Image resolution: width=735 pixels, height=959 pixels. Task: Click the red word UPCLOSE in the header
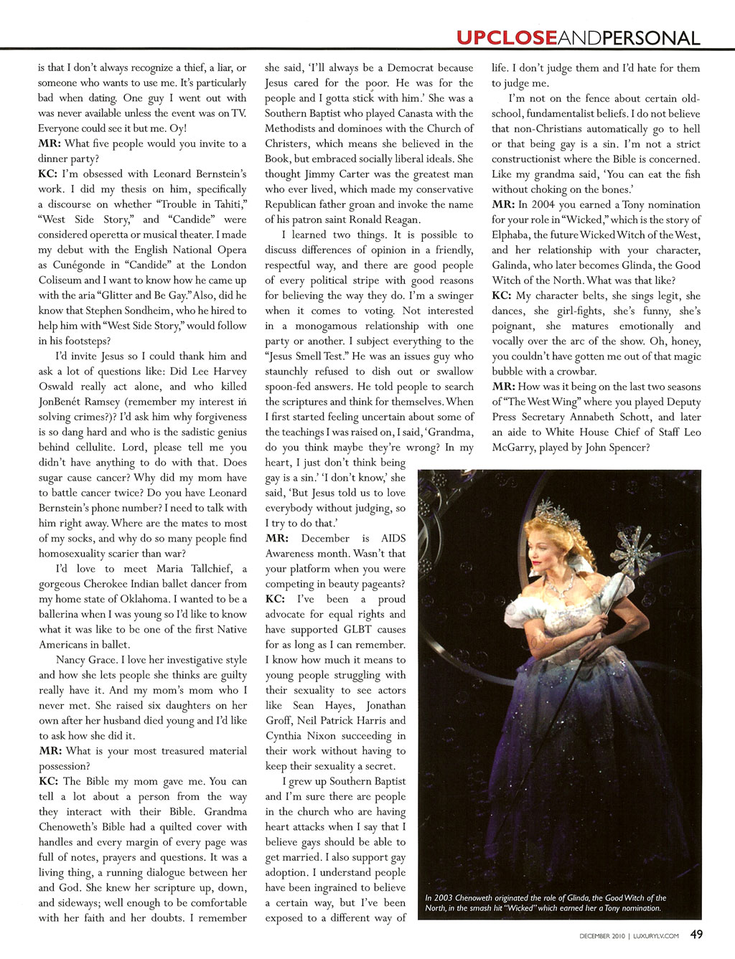click(506, 37)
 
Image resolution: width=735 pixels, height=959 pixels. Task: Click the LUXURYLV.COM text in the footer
click(656, 935)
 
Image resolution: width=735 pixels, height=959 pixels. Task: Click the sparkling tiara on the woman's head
click(556, 514)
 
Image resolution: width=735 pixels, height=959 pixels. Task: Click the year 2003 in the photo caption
click(444, 897)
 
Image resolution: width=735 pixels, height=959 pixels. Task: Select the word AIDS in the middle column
click(393, 538)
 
